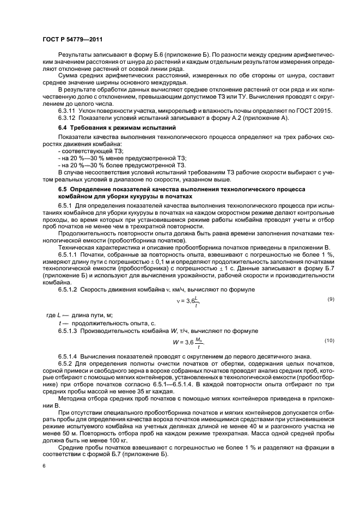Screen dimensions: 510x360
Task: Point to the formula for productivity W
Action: tap(188, 342)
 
